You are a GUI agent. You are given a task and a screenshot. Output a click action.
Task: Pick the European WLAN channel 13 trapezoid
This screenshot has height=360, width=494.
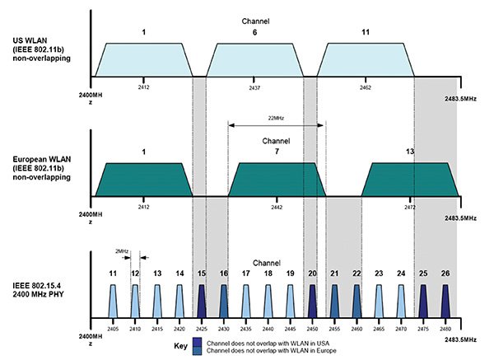[409, 179]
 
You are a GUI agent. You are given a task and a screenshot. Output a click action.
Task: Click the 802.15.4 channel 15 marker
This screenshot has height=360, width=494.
[202, 297]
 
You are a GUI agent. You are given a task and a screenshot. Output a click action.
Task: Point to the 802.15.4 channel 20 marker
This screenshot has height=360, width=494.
[312, 297]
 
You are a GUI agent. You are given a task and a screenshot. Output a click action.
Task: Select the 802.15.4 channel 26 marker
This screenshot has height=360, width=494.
[445, 297]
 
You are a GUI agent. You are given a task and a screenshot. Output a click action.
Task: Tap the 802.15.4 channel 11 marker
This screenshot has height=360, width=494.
[113, 297]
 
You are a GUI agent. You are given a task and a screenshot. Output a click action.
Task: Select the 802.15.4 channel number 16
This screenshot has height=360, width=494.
[223, 272]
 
